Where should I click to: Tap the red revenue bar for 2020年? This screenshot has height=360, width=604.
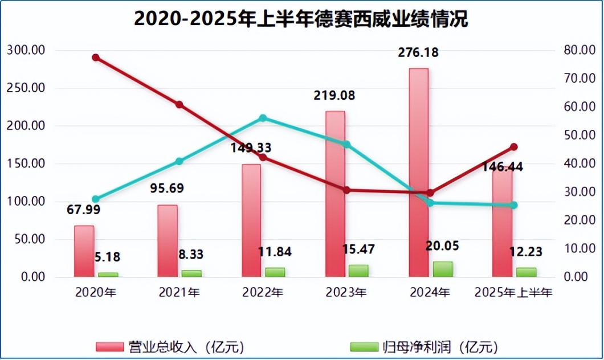click(84, 251)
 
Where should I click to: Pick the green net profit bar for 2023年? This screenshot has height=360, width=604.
click(358, 271)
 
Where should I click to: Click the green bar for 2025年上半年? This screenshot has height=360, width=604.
click(526, 272)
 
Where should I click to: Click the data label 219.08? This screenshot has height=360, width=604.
click(334, 95)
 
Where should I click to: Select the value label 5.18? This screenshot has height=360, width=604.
click(107, 257)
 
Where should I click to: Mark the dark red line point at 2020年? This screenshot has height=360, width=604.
click(96, 58)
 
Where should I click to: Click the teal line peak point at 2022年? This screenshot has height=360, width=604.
click(263, 118)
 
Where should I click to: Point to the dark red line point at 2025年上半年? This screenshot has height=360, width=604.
click(514, 147)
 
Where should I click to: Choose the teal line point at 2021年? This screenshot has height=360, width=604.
click(179, 161)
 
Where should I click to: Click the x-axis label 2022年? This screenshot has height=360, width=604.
click(263, 293)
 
